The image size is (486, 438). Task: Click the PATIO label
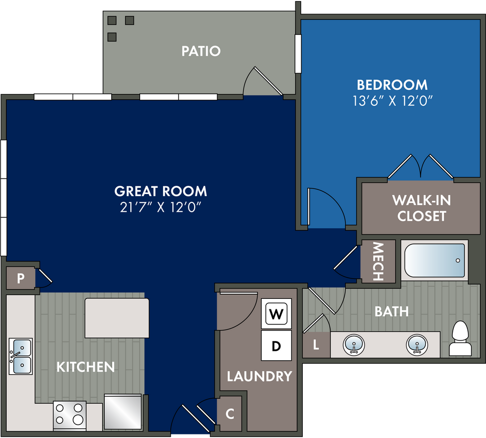[201, 51]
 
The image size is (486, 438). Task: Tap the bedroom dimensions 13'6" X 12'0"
[393, 101]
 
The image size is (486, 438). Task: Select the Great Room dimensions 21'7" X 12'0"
[160, 207]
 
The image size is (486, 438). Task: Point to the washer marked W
[276, 313]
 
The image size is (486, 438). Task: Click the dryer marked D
[276, 346]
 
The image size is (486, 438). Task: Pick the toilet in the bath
[460, 338]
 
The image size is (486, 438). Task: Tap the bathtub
[435, 260]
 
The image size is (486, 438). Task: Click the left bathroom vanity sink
[354, 345]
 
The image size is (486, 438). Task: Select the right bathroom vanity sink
[417, 345]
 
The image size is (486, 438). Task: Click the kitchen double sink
[20, 356]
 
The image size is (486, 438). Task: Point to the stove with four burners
[70, 416]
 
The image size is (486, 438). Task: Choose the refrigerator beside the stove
[123, 412]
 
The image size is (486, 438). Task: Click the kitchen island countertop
[117, 318]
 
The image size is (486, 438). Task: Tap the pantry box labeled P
[20, 278]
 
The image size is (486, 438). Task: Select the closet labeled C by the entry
[230, 414]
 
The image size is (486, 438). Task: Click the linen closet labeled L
[316, 345]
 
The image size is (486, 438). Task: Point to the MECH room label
[378, 262]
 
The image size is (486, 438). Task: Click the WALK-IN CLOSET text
[422, 208]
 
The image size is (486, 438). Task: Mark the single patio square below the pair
[112, 37]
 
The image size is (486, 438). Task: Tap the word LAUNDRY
[260, 376]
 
